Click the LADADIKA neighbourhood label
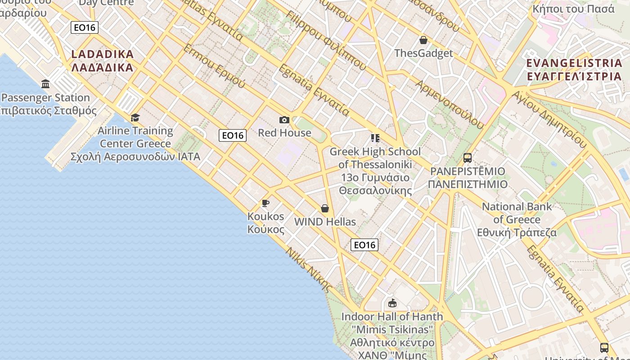[103, 61]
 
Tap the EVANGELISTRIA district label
[574, 69]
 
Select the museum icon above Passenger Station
[45, 84]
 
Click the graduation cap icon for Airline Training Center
[135, 118]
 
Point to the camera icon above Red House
[284, 120]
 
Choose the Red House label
[284, 133]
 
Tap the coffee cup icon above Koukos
[265, 203]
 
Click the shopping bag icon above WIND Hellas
[325, 208]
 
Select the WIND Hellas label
[325, 222]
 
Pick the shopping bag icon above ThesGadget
[423, 40]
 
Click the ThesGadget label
[423, 53]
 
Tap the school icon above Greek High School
[375, 138]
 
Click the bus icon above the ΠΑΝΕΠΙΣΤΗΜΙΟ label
[468, 158]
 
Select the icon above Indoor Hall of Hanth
[392, 303]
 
